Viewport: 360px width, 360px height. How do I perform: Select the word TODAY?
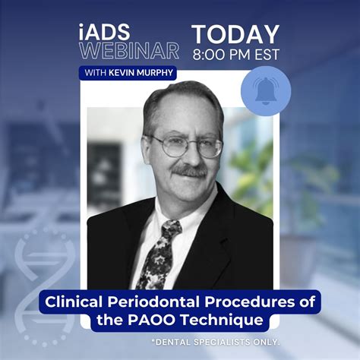(235, 33)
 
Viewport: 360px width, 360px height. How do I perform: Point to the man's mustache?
(187, 172)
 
